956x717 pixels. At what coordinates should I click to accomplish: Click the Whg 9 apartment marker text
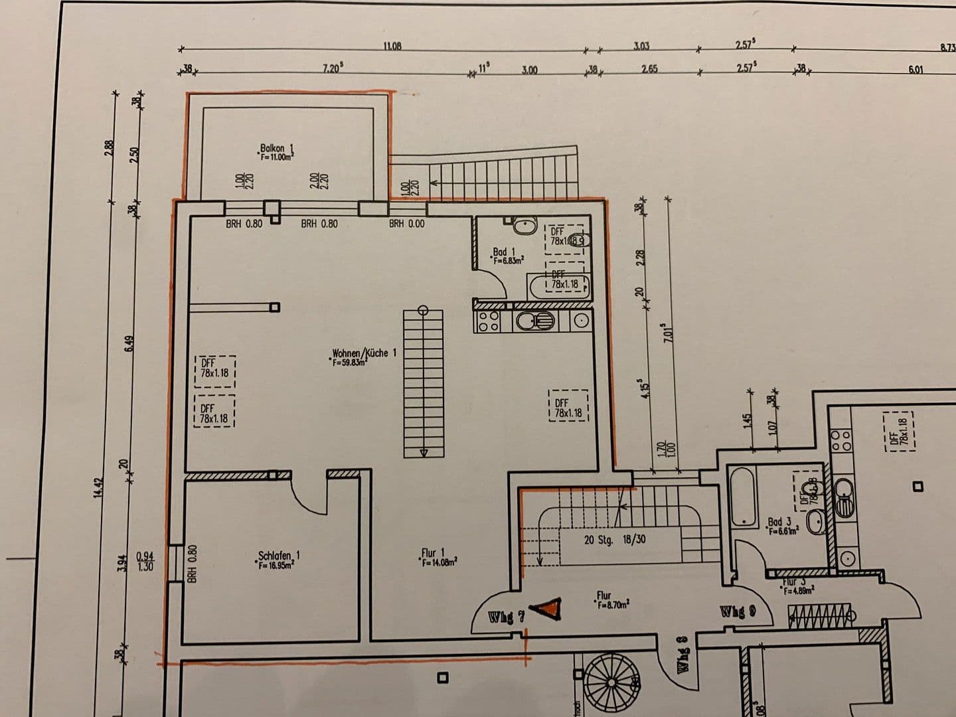coord(738,611)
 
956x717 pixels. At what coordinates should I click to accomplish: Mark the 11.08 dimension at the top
coord(392,46)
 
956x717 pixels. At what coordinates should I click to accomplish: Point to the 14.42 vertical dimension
coord(100,488)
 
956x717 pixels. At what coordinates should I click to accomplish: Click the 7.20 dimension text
coord(332,68)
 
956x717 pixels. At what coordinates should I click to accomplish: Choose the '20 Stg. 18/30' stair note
coord(614,540)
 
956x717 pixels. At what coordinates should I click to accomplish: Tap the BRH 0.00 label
coord(406,224)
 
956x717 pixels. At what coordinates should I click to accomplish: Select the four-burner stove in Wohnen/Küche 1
coord(489,321)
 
